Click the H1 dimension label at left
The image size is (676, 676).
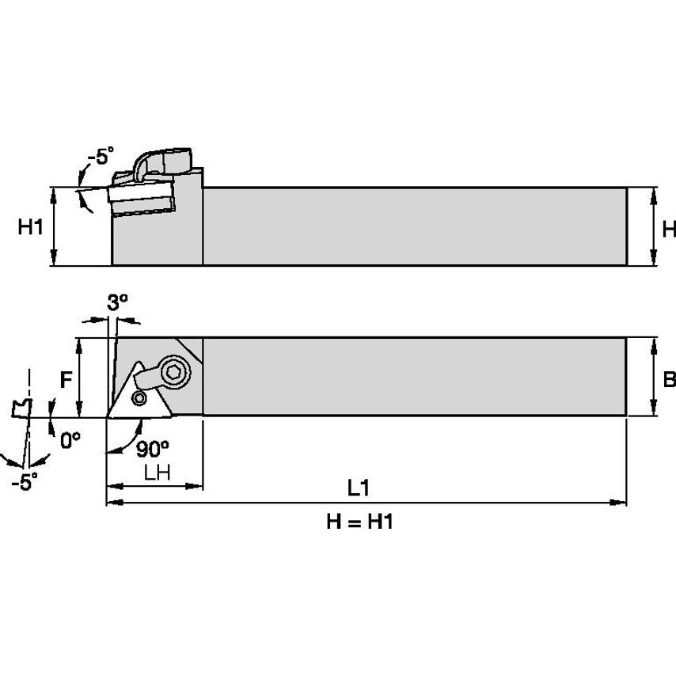pyautogui.click(x=30, y=228)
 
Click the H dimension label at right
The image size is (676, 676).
pyautogui.click(x=667, y=230)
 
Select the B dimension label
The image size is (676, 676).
pyautogui.click(x=668, y=381)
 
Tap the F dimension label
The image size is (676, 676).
pyautogui.click(x=67, y=380)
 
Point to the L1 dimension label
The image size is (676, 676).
pyautogui.click(x=359, y=488)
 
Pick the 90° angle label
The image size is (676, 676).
pyautogui.click(x=153, y=449)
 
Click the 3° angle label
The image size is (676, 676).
pyautogui.click(x=117, y=302)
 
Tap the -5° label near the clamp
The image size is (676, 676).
pyautogui.click(x=98, y=157)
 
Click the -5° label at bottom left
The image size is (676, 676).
pyautogui.click(x=25, y=482)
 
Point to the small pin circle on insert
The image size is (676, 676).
pyautogui.click(x=140, y=397)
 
